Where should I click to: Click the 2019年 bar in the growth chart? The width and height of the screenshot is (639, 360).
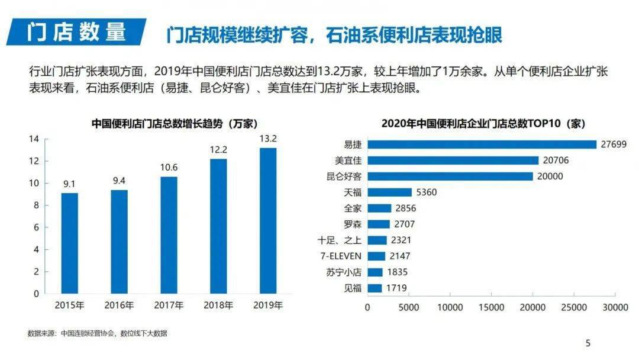click(268, 220)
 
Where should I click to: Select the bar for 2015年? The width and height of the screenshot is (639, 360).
click(69, 243)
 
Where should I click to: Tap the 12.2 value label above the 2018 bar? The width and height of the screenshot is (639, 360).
click(218, 150)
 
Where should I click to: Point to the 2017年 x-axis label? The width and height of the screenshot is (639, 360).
click(169, 306)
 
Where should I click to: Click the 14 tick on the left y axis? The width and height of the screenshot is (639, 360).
click(34, 139)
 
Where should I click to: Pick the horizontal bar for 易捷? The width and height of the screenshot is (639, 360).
click(482, 144)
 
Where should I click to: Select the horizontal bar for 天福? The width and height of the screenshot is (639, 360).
click(389, 192)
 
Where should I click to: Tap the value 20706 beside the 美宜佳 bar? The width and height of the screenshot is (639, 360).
click(556, 160)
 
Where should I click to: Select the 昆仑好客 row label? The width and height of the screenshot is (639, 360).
click(344, 176)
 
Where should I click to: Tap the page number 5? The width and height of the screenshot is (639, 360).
click(588, 343)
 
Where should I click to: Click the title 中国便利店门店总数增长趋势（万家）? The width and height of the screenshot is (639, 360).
click(174, 124)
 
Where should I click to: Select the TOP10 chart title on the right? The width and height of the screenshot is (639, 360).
click(483, 124)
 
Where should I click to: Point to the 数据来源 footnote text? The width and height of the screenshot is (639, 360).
click(98, 333)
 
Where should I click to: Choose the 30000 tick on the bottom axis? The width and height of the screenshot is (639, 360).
click(615, 308)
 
